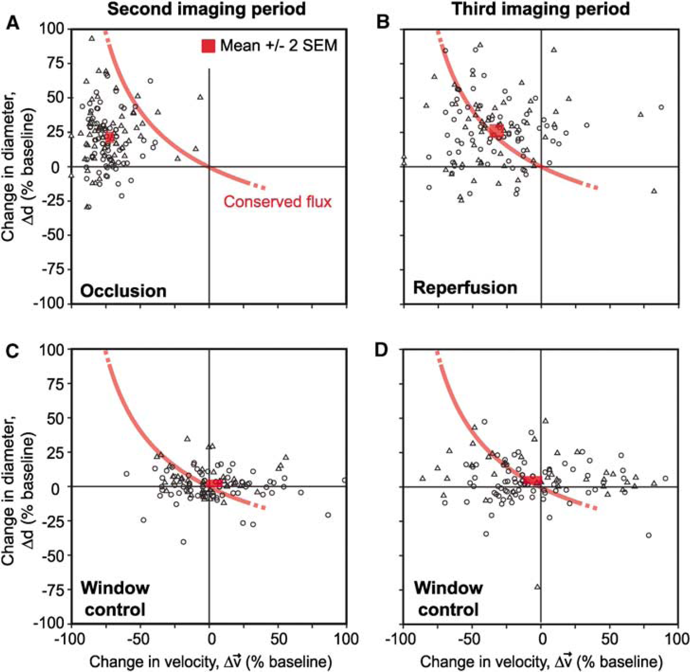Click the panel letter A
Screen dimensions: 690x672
(13, 22)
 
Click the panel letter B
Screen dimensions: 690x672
(383, 22)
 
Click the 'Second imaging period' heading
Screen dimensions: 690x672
(207, 9)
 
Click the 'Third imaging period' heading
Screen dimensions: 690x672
(541, 9)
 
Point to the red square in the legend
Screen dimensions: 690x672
(208, 46)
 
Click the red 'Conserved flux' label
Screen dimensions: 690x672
(278, 202)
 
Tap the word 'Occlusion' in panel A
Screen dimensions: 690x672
(124, 291)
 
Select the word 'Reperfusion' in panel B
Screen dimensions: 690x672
(465, 287)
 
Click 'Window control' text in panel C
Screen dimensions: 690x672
(115, 599)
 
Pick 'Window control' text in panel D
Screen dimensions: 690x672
(448, 599)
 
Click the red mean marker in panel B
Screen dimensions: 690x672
(496, 131)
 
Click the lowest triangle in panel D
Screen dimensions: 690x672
(537, 587)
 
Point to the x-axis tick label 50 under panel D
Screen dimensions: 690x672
(610, 639)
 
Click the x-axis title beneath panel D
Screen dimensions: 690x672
(541, 662)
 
